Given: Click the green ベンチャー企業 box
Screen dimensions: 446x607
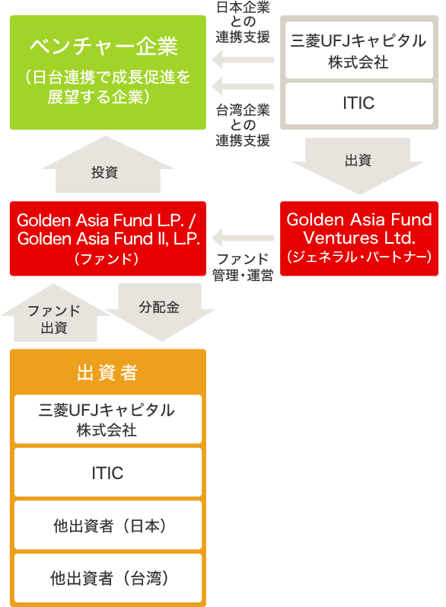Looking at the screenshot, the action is (x=108, y=72).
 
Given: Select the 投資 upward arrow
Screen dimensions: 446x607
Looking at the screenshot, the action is (x=108, y=165).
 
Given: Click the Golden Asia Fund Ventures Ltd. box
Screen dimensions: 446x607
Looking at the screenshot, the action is (x=359, y=238).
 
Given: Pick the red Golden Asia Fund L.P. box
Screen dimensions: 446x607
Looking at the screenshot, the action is (x=108, y=238).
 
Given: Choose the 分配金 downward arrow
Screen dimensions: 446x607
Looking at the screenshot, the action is (x=160, y=311).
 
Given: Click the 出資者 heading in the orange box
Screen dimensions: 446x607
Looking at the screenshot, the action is (x=107, y=372).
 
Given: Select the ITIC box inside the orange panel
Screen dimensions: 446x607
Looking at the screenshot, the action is (x=108, y=472).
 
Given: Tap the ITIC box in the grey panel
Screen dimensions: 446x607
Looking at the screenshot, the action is (x=359, y=104).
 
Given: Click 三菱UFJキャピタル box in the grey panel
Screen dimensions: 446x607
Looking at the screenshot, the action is (x=359, y=50).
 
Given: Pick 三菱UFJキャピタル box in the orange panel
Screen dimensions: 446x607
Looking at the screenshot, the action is (x=108, y=419).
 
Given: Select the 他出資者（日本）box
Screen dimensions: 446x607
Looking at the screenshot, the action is (x=108, y=526).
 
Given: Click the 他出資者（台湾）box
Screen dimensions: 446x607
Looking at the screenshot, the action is (x=108, y=578).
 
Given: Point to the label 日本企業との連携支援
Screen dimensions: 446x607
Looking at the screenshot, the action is (x=243, y=22).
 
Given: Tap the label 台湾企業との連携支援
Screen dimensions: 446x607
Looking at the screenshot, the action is (x=243, y=126).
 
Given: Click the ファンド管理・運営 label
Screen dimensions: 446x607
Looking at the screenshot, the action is (x=243, y=267).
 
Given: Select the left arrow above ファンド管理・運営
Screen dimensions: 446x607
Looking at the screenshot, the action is (x=243, y=238).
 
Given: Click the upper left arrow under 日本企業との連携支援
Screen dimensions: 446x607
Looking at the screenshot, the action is (x=243, y=59).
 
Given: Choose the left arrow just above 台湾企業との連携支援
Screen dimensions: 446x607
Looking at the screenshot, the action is (x=243, y=86).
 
